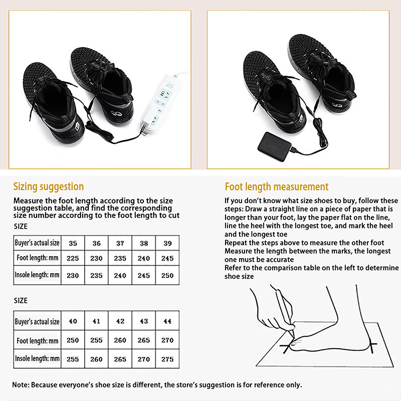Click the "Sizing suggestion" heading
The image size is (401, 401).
coord(49,186)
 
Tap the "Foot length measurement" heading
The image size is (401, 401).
coord(277,187)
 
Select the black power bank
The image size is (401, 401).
coord(274,146)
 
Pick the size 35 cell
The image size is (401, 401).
coord(73,243)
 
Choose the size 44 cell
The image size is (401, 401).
coord(167,321)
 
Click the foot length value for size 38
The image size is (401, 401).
coord(144,258)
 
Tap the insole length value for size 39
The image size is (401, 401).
coord(167,275)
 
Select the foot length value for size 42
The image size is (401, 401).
coord(120,340)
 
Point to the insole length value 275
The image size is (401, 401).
coord(167,359)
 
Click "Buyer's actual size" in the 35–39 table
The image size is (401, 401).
coord(37,243)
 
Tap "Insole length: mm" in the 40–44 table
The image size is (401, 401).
coord(37,358)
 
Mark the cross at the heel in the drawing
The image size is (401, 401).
coord(372,345)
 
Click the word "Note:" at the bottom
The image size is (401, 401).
coord(21,385)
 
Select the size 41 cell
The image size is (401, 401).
coord(96,321)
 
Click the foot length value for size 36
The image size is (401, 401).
coord(96,258)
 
